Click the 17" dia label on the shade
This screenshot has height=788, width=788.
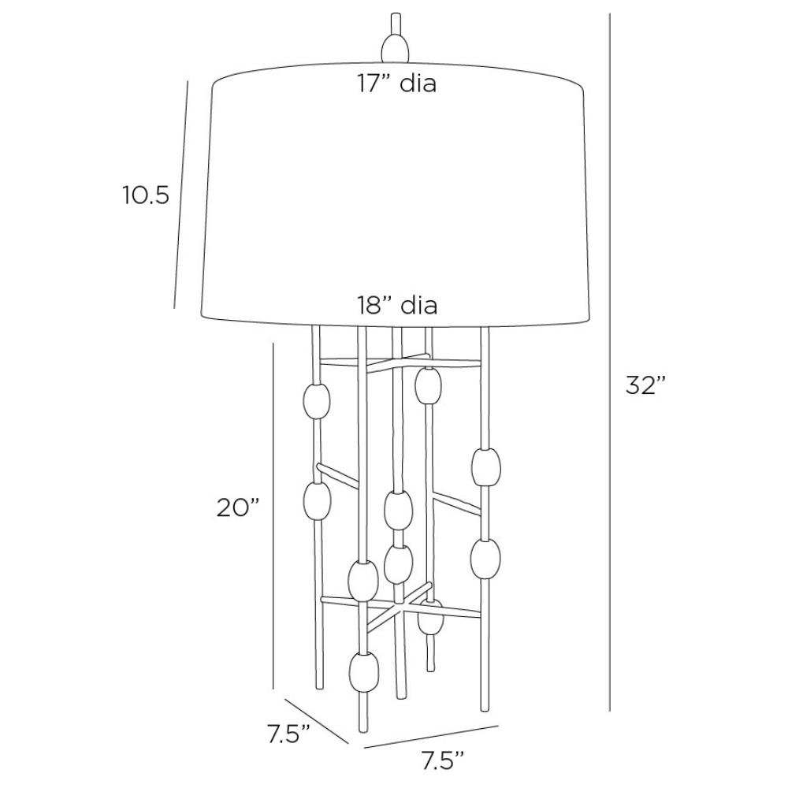click(x=397, y=84)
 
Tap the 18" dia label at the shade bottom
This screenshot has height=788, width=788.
click(x=397, y=304)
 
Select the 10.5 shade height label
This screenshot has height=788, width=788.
click(x=146, y=195)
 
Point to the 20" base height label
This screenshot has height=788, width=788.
click(x=238, y=507)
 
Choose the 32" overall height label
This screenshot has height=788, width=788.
click(x=646, y=386)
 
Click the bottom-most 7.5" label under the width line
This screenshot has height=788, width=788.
click(x=442, y=760)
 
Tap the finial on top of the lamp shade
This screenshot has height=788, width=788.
click(x=396, y=41)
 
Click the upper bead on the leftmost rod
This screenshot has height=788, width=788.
click(x=317, y=402)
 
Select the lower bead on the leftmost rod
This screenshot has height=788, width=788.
click(x=317, y=501)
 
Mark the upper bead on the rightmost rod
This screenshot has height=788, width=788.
click(x=485, y=466)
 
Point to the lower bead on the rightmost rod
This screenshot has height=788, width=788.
click(x=485, y=559)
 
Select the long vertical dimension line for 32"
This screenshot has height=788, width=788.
click(x=610, y=362)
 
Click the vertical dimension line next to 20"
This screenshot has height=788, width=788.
click(x=273, y=515)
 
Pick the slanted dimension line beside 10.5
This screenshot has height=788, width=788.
click(x=181, y=195)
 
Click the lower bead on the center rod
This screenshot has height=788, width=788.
click(x=399, y=563)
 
